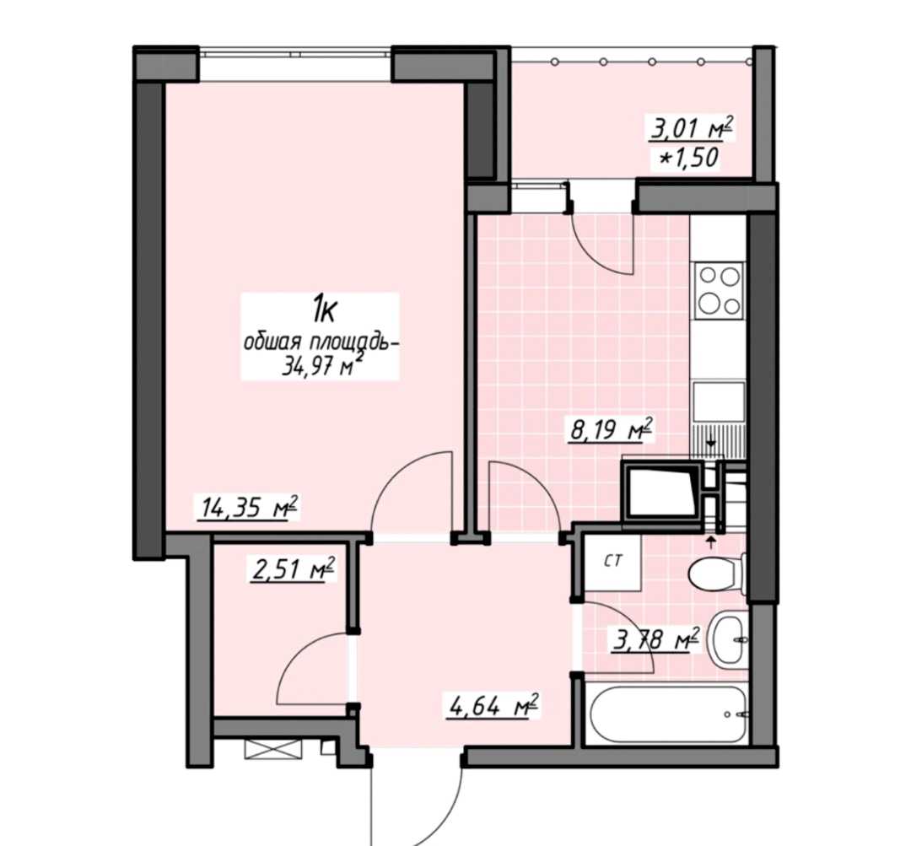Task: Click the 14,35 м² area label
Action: point(248,508)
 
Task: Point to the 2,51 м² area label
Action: point(294,569)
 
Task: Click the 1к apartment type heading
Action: point(324,309)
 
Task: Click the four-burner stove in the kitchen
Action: point(720,290)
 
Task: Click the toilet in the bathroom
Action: point(717,574)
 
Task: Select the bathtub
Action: point(667,714)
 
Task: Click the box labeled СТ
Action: point(612,562)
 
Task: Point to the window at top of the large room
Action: point(295,53)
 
